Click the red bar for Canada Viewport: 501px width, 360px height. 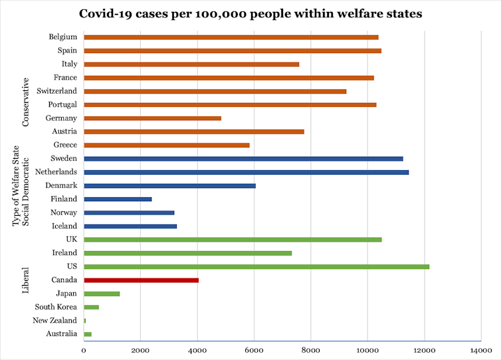pyautogui.click(x=141, y=280)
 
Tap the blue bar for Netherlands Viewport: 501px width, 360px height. pyautogui.click(x=246, y=172)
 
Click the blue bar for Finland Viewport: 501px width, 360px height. pyautogui.click(x=118, y=199)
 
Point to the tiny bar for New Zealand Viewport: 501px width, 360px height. pyautogui.click(x=85, y=320)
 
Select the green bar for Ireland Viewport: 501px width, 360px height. pyautogui.click(x=187, y=253)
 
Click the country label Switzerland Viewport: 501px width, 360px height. pyautogui.click(x=57, y=91)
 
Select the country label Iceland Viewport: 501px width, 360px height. pyautogui.click(x=64, y=226)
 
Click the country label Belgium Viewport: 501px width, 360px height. pyautogui.click(x=63, y=37)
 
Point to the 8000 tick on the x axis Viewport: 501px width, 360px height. pyautogui.click(x=310, y=349)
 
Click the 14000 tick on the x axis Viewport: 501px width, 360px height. pyautogui.click(x=480, y=349)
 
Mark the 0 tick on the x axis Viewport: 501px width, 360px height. pyautogui.click(x=84, y=349)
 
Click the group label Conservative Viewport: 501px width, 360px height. pyautogui.click(x=26, y=102)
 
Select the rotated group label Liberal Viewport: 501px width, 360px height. pyautogui.click(x=26, y=280)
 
